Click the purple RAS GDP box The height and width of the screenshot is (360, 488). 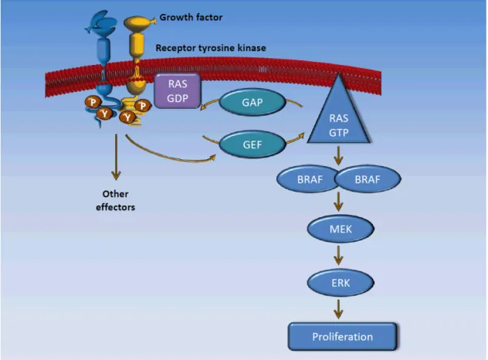pos(178,91)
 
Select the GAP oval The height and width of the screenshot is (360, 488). pos(252,102)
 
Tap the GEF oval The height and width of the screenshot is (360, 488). pos(252,144)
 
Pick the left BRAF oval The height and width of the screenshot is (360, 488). pos(308,179)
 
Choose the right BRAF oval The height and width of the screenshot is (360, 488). pos(368,179)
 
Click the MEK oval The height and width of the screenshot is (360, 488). pos(341,229)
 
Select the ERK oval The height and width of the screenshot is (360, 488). pos(341,283)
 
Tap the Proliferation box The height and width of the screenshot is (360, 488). pos(342,337)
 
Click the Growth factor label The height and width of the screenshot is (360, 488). pos(191,18)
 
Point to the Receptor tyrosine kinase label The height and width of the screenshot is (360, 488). pos(211,48)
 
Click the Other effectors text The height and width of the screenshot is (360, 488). pos(116,201)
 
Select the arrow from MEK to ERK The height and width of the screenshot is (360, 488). pos(338,255)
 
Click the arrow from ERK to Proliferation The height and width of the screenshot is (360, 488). pos(338,309)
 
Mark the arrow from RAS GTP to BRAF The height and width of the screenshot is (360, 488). pos(338,155)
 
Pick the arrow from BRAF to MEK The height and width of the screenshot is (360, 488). pos(338,202)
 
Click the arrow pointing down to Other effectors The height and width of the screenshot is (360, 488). pos(116,158)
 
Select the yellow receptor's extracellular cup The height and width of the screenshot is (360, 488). pos(138,24)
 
